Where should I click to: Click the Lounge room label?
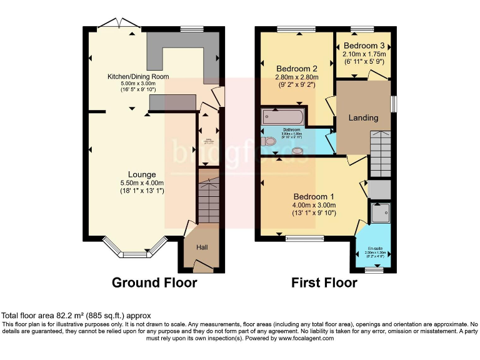[142, 174]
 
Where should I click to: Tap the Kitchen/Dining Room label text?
[138, 77]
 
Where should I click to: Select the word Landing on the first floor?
[363, 117]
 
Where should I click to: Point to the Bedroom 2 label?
[297, 69]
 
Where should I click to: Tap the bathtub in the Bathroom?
[283, 117]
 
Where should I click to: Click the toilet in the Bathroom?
[269, 142]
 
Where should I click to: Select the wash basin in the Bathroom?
[297, 150]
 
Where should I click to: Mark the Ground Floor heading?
[154, 282]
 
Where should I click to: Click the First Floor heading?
[324, 282]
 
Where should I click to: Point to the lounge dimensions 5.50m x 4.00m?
[142, 182]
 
